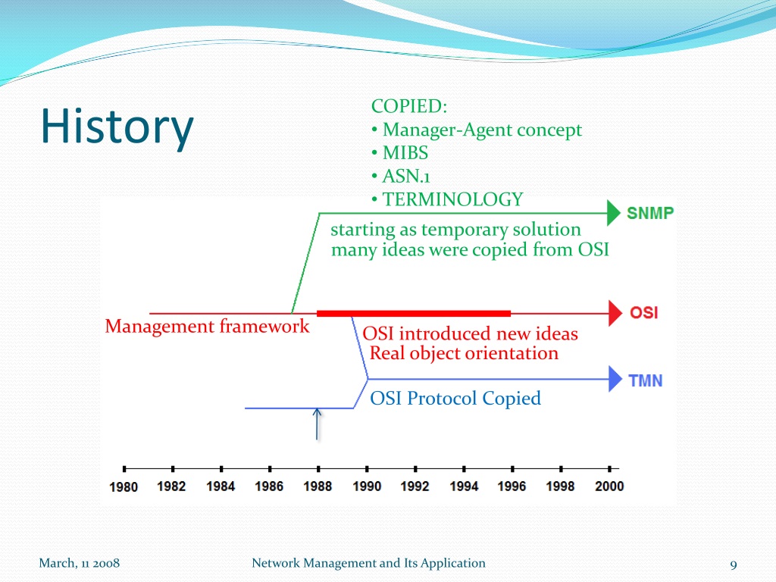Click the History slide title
point(117,127)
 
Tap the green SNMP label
point(650,213)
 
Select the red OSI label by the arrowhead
point(644,313)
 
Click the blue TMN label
point(646,380)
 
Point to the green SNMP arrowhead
point(614,213)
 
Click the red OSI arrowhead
point(615,313)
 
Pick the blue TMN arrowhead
point(615,379)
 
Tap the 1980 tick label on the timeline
point(124,487)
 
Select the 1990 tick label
point(367,487)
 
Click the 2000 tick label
point(609,487)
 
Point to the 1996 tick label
point(512,487)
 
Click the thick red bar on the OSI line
point(414,313)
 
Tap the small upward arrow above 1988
point(318,424)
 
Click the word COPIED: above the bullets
point(409,106)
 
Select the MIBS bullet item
point(405,153)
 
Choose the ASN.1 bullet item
point(406,176)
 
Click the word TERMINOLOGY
point(453,199)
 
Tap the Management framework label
point(207,326)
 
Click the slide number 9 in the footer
point(734,565)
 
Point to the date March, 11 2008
point(79,563)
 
